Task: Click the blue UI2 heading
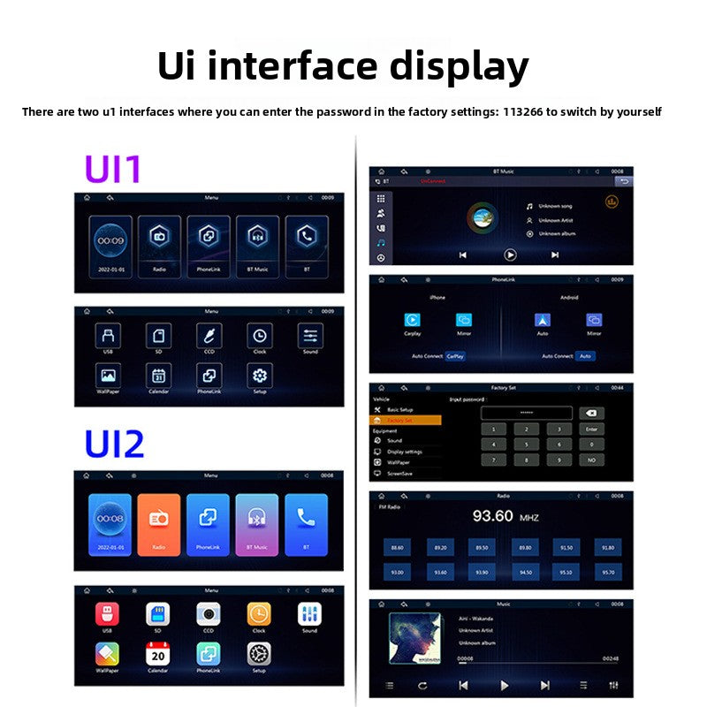click(114, 444)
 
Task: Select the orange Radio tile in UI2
click(159, 522)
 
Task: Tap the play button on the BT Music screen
click(510, 255)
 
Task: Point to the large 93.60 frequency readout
click(492, 515)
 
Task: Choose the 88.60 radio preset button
click(398, 548)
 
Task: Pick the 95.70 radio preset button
click(607, 572)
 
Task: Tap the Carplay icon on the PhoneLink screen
click(412, 321)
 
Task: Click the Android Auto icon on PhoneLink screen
click(543, 321)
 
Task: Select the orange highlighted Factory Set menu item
click(405, 421)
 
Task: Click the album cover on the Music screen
click(414, 638)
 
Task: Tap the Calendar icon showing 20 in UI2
click(157, 654)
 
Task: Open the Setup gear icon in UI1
click(260, 376)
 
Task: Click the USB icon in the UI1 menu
click(108, 336)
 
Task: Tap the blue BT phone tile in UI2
click(306, 522)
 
